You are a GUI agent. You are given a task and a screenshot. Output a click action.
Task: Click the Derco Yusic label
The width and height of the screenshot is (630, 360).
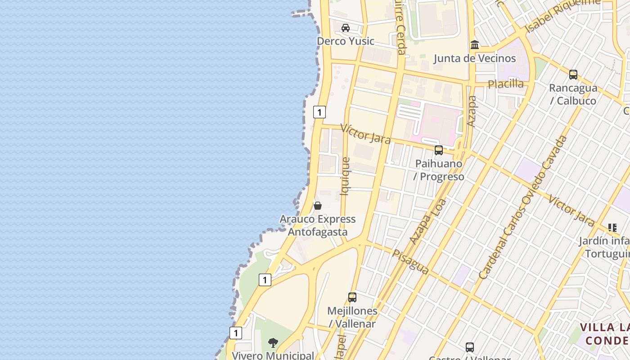pyautogui.click(x=345, y=41)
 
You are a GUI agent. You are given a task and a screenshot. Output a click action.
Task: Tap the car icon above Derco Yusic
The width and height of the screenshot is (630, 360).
pyautogui.click(x=346, y=28)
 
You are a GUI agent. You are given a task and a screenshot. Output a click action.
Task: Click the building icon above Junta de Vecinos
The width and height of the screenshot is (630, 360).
pyautogui.click(x=475, y=45)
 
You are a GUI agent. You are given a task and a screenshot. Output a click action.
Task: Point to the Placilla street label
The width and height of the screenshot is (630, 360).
pyautogui.click(x=506, y=84)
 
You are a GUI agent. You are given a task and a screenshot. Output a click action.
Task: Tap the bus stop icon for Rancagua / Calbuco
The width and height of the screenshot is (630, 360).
pyautogui.click(x=573, y=75)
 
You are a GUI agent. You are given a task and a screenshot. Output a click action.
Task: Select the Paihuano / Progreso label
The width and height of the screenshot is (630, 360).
pyautogui.click(x=439, y=170)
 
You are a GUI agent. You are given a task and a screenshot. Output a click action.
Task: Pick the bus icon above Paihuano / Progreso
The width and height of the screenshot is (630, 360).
pyautogui.click(x=439, y=150)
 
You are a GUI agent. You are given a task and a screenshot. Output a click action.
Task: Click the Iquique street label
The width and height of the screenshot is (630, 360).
pyautogui.click(x=345, y=176)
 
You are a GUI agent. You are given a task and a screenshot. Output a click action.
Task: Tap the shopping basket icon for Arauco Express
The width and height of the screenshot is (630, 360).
pyautogui.click(x=318, y=206)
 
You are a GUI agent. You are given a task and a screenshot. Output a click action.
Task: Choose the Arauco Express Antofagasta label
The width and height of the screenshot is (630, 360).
pyautogui.click(x=318, y=225)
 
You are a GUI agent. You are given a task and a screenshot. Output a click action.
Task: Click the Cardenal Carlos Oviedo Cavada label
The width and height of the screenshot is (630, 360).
pyautogui.click(x=523, y=207)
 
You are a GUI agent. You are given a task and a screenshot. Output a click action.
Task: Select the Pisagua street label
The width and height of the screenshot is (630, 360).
pyautogui.click(x=410, y=262)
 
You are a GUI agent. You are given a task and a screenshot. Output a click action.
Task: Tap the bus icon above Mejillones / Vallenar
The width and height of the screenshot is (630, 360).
pyautogui.click(x=352, y=297)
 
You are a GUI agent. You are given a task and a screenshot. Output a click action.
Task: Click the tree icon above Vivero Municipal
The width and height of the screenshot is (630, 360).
pyautogui.click(x=273, y=343)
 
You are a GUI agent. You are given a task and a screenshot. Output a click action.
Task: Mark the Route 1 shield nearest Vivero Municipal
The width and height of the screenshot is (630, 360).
pyautogui.click(x=236, y=333)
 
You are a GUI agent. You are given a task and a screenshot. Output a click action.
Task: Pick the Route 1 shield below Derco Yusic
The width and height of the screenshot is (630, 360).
pyautogui.click(x=319, y=112)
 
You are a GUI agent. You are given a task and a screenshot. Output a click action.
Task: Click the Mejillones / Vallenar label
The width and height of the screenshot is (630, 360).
pyautogui.click(x=352, y=317)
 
